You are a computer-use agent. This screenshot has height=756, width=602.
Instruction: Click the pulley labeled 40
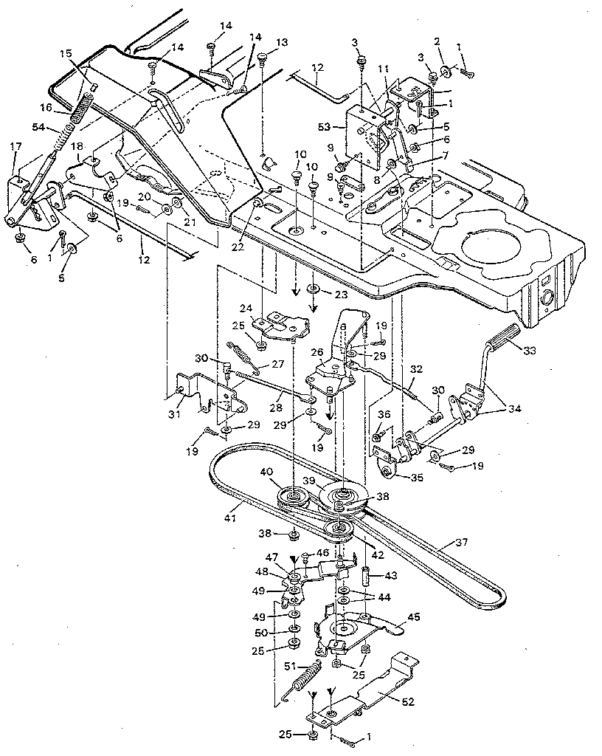coord(291,498)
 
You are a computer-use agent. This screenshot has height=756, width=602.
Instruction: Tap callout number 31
coord(174,393)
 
